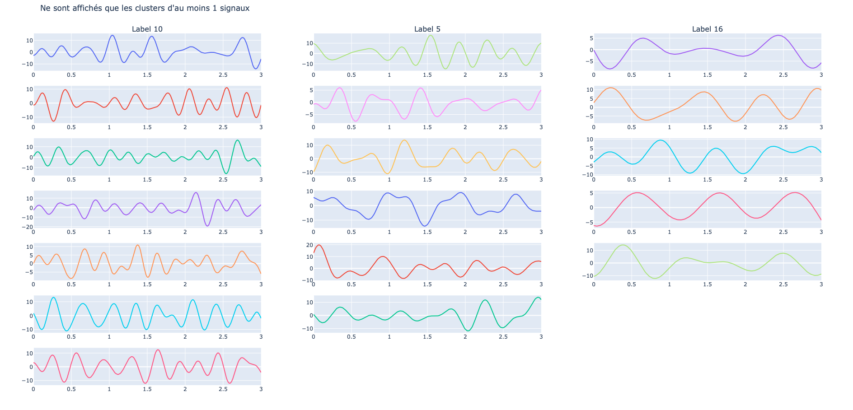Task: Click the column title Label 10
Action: (147, 29)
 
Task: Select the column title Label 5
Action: (427, 29)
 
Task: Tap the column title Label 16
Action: (707, 29)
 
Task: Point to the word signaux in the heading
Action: (234, 8)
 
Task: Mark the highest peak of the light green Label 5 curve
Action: (431, 35)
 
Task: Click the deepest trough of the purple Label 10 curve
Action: (207, 226)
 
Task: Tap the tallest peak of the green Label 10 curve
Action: (238, 140)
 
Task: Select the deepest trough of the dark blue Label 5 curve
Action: (425, 226)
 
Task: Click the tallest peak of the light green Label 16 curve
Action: (623, 245)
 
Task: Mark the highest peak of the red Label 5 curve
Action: (319, 245)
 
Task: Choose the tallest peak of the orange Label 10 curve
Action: (138, 245)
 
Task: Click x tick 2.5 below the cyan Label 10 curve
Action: (223, 337)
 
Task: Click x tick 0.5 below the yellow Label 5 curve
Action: (351, 180)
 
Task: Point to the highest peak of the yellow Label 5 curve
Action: (404, 140)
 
